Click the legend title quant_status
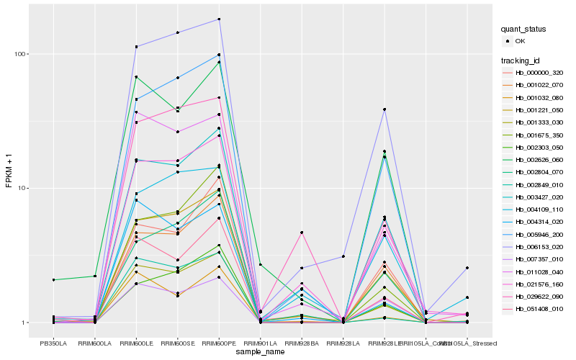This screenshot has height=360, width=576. tap(524, 30)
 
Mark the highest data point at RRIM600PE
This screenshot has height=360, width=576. tap(219, 19)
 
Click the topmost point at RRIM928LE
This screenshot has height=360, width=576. tap(384, 109)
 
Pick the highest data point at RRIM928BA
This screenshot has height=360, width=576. tap(302, 233)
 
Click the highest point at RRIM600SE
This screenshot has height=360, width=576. tap(177, 32)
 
